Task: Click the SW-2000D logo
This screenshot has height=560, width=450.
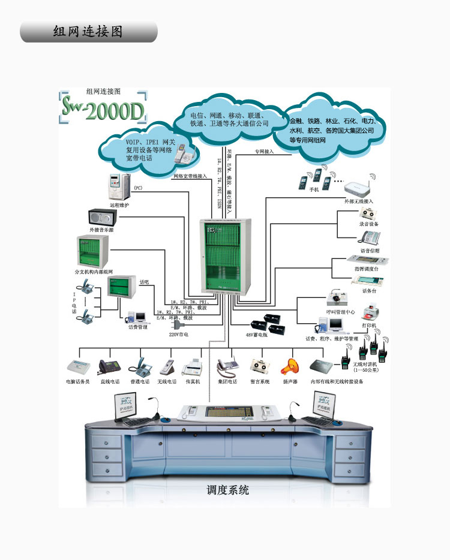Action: click(x=103, y=110)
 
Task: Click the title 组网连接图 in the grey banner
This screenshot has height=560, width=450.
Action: click(x=88, y=32)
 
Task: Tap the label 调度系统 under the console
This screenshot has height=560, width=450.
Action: click(x=227, y=490)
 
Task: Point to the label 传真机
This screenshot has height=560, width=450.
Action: click(x=192, y=381)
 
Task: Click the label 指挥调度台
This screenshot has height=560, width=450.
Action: click(x=366, y=269)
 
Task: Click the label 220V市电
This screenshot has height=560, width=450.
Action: click(x=179, y=335)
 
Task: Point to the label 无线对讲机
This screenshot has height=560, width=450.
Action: click(x=366, y=364)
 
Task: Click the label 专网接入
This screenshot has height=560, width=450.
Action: click(x=264, y=152)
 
